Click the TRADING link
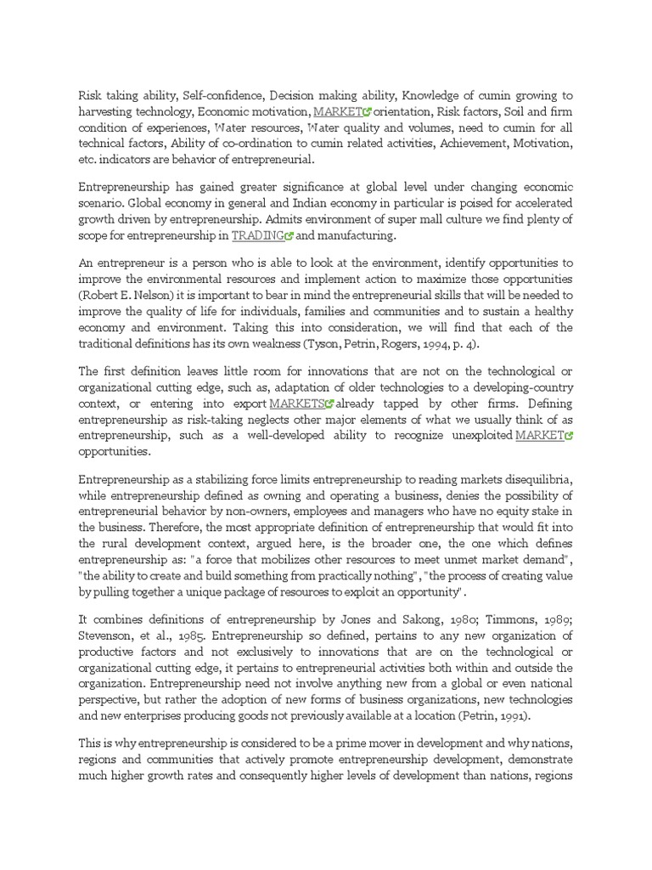(258, 235)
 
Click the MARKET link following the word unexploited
(540, 436)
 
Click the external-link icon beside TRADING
(289, 236)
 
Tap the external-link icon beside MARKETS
(330, 404)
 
